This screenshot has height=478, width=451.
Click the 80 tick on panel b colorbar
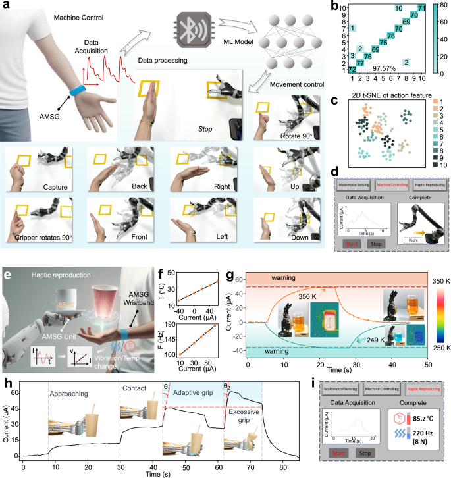point(443,7)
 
